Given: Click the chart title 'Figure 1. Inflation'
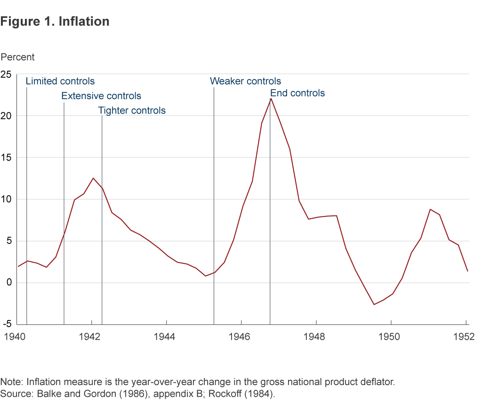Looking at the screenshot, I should click(x=55, y=22).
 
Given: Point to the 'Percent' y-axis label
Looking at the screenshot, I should click(x=18, y=57).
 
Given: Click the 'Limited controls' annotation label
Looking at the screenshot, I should click(x=60, y=81).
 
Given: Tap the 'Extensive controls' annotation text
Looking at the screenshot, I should click(x=101, y=96).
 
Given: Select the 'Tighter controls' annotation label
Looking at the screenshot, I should click(x=132, y=111).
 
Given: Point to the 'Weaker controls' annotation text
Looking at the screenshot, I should click(x=245, y=81).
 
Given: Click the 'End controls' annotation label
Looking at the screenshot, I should click(x=297, y=93).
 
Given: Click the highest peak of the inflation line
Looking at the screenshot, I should click(x=271, y=98).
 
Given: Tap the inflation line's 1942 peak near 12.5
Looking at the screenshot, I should click(x=93, y=178).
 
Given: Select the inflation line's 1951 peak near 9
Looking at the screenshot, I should click(x=430, y=209).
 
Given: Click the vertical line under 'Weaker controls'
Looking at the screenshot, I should click(x=214, y=212).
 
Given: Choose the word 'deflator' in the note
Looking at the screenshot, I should click(x=374, y=382).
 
